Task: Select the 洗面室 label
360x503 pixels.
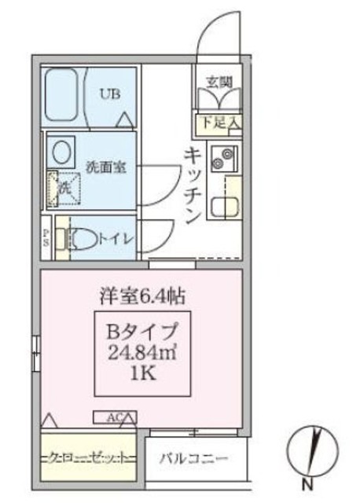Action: coord(101,167)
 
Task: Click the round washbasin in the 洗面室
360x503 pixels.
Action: coord(60,149)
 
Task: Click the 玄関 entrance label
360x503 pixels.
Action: coord(219,81)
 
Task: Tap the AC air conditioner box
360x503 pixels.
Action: coord(116,417)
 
